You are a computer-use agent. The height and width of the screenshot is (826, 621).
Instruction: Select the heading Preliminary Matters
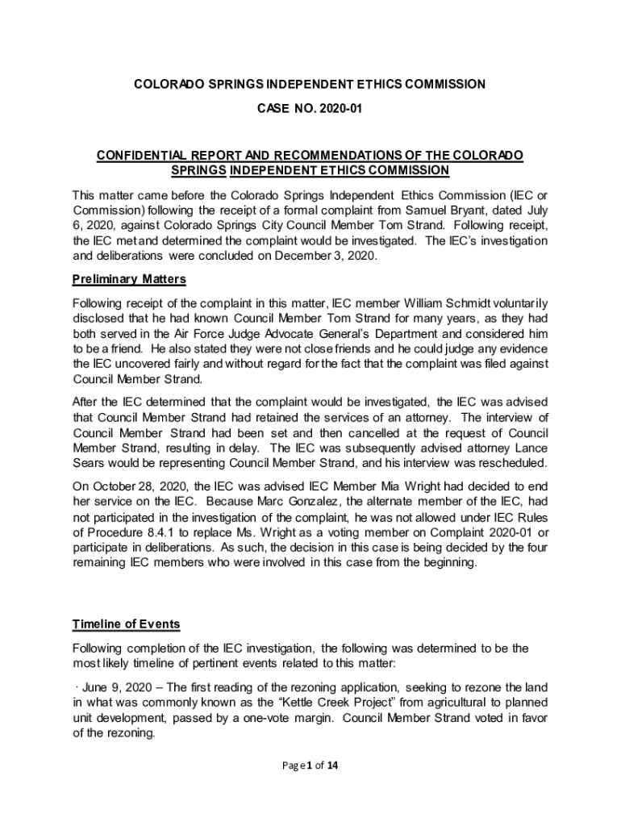(x=129, y=279)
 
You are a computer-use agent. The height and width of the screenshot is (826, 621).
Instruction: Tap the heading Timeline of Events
(x=126, y=624)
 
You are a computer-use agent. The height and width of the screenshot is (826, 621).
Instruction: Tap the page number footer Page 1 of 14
(x=310, y=766)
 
